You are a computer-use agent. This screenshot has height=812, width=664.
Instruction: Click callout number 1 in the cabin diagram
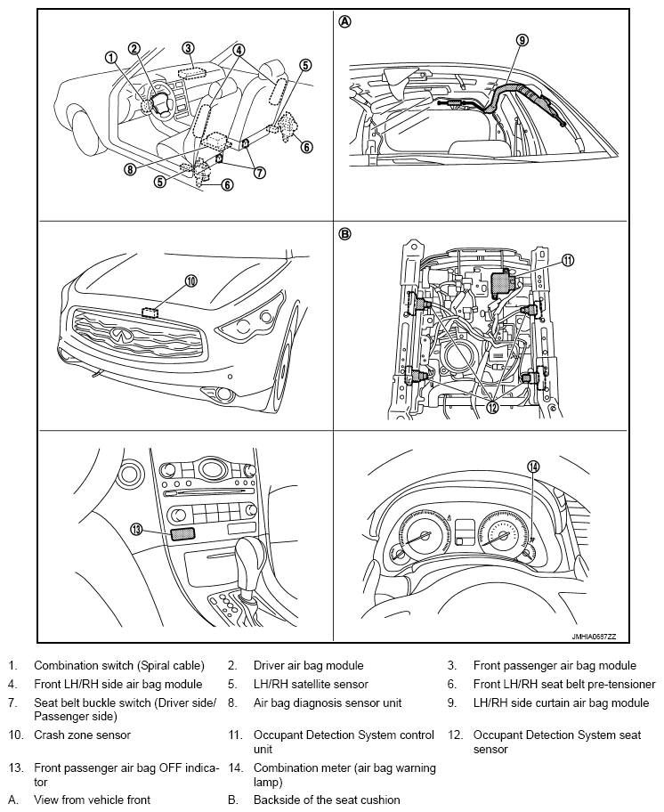point(111,57)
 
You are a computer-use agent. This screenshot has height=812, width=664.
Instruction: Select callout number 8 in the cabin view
point(131,169)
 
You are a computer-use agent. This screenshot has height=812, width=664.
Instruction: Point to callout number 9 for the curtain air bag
point(522,39)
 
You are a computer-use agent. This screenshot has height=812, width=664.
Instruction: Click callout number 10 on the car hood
point(190,280)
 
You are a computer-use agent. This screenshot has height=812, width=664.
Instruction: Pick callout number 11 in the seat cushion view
point(568,260)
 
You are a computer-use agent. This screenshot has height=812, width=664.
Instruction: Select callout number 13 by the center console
point(136,529)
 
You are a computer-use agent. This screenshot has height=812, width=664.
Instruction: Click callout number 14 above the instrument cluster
point(533,467)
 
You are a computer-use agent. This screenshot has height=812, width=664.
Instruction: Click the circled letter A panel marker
point(344,21)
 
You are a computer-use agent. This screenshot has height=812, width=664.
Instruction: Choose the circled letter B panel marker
point(344,234)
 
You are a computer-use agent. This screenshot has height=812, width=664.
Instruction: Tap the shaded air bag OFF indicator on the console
point(182,533)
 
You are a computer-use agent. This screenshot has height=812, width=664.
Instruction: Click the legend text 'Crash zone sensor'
point(82,735)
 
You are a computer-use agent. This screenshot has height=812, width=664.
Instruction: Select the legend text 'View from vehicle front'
point(92,800)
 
